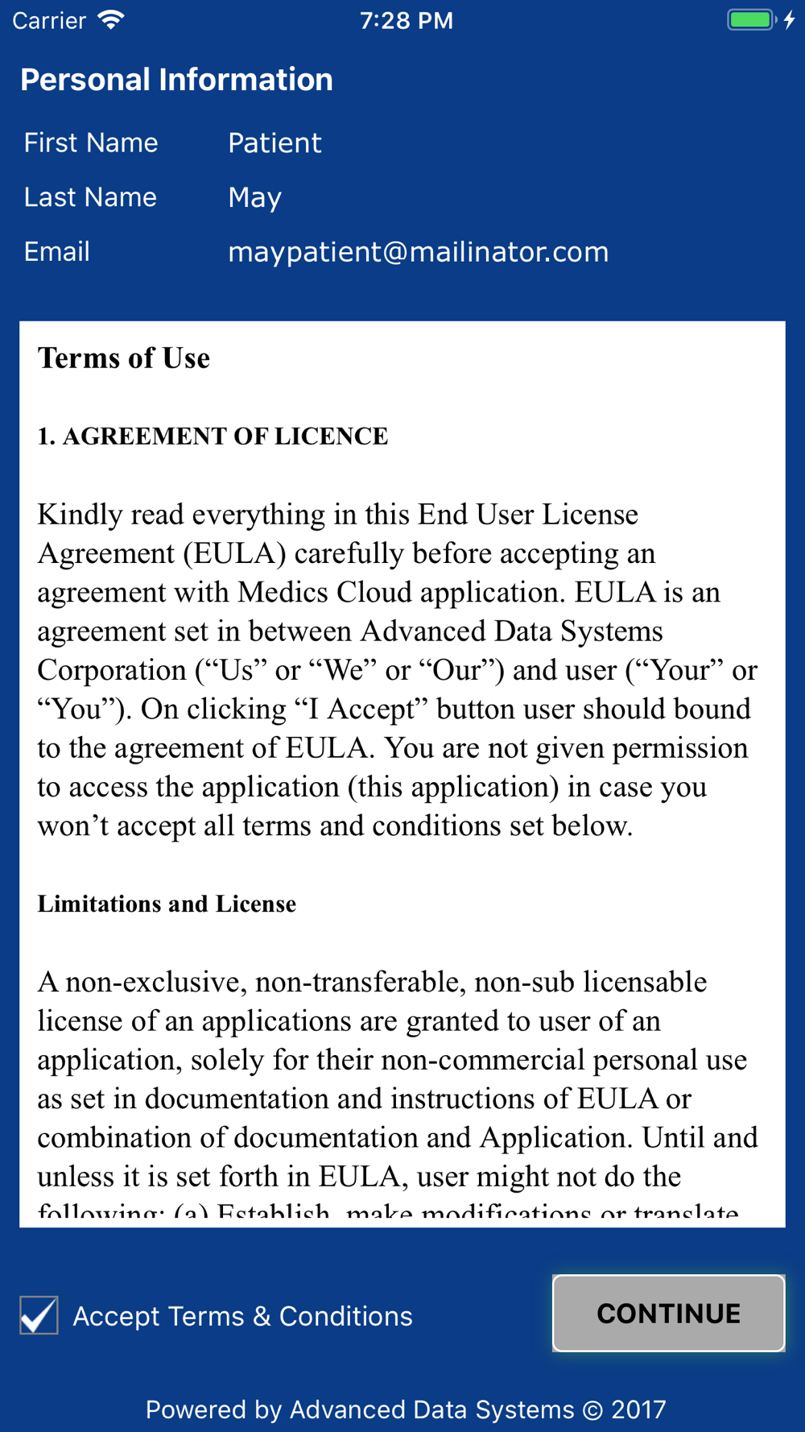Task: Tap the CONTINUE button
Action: point(668,1313)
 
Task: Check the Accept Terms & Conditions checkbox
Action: point(39,1315)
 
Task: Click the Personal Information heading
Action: point(176,80)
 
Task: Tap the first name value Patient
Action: point(275,143)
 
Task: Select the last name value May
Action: point(254,198)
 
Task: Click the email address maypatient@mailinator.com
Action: point(418,252)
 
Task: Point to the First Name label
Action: point(91,143)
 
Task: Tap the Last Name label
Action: point(90,197)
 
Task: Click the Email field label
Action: point(56,252)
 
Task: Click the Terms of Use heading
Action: point(124,358)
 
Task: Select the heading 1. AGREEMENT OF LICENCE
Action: point(213,437)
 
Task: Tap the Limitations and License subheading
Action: point(167,904)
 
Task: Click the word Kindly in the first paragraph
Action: point(80,515)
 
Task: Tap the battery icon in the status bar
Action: point(750,20)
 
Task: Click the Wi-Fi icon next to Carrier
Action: point(111,19)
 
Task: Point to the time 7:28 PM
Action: point(406,21)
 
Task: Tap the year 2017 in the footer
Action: point(638,1409)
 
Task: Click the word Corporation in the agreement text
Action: point(112,671)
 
